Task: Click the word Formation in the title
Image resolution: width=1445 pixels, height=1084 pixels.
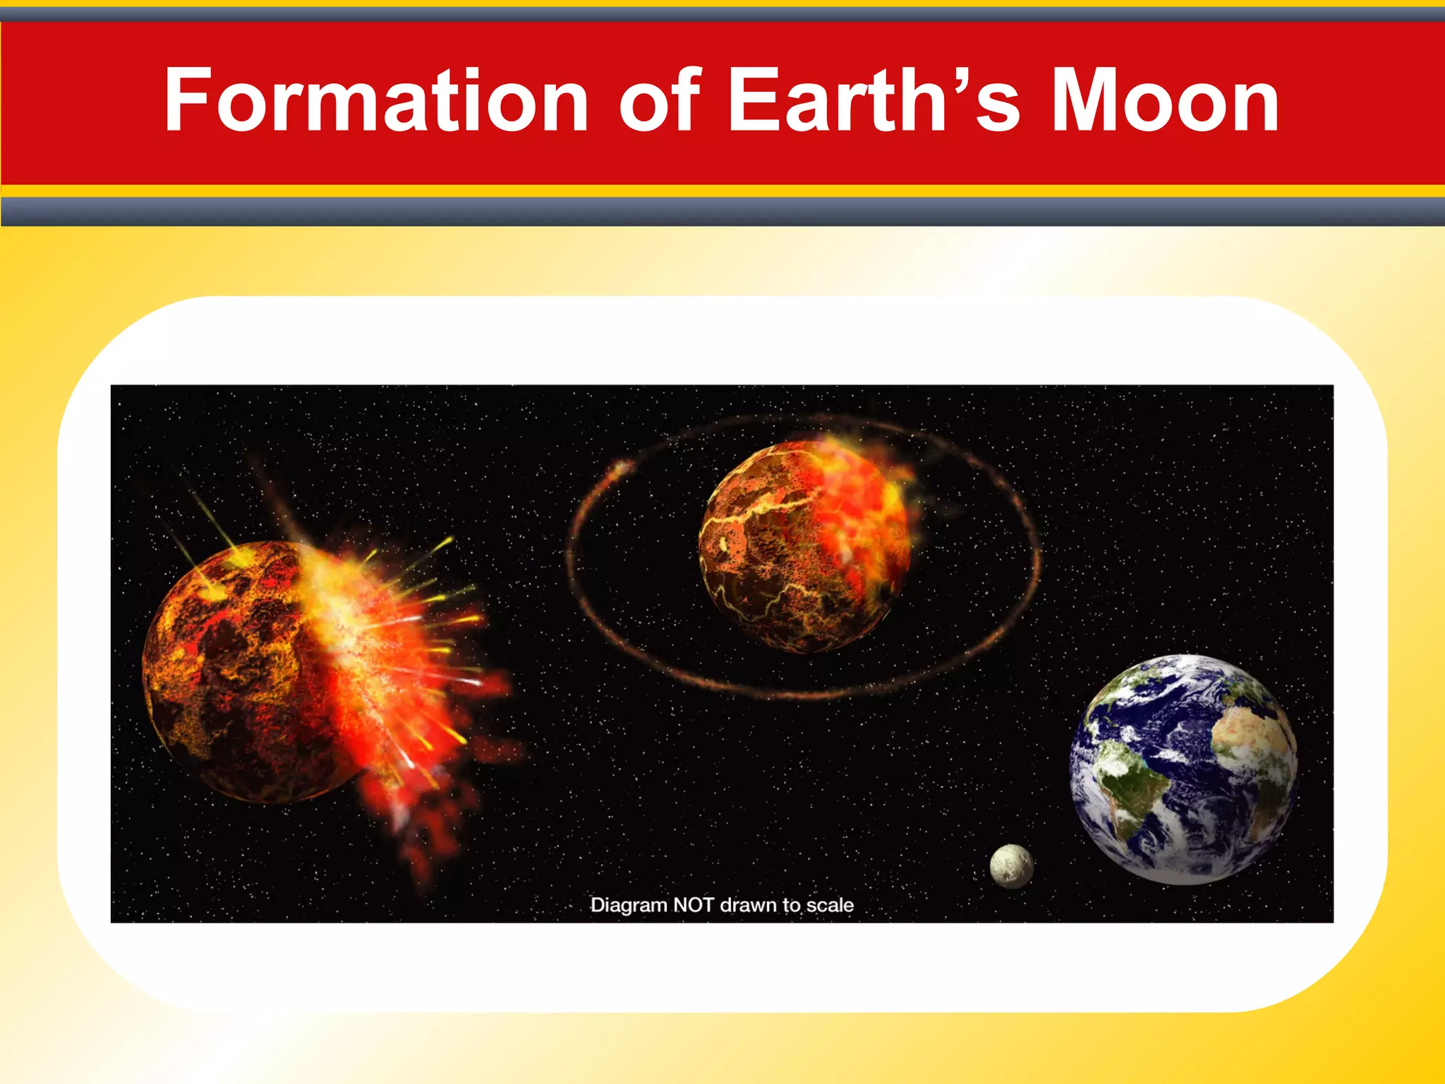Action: click(x=376, y=100)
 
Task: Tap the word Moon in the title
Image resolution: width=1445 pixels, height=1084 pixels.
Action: click(x=1165, y=100)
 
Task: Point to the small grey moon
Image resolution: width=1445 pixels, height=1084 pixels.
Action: click(x=1011, y=865)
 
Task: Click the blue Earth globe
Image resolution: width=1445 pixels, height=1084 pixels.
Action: click(x=1183, y=769)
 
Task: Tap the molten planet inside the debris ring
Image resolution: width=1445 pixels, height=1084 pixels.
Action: click(x=804, y=546)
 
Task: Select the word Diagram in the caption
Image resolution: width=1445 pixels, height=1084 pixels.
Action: click(x=628, y=905)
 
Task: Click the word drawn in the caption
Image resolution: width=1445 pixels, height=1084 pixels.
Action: click(x=749, y=905)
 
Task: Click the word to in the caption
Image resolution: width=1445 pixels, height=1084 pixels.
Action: click(x=793, y=905)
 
